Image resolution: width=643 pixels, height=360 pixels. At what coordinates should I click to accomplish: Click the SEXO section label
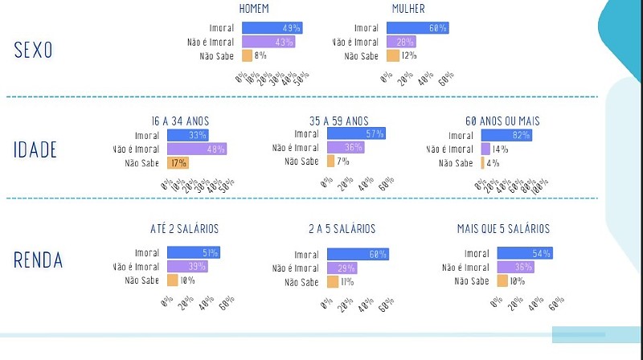pos(33,50)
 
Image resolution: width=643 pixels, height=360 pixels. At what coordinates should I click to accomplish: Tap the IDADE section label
pos(35,149)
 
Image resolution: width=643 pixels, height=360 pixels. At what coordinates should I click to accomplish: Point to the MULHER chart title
pos(408,9)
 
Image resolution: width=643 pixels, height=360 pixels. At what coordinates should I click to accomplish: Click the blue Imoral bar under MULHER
pos(417,28)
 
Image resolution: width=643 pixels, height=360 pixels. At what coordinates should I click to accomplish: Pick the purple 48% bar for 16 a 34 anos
pos(197,149)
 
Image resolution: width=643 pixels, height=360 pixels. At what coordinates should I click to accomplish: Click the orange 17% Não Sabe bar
pos(177,162)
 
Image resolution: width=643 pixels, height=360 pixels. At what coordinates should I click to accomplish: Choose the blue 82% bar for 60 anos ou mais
pos(506,135)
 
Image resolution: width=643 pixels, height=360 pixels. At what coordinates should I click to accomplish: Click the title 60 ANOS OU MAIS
pos(502,121)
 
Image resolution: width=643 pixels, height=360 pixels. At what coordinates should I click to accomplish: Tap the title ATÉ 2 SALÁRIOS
pos(184,229)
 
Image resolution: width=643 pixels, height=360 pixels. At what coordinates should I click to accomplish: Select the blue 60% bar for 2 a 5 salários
pos(358,254)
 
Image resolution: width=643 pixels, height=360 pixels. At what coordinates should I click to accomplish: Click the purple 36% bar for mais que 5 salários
pos(515,267)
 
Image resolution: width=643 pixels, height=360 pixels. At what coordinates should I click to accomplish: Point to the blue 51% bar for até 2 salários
pos(193,253)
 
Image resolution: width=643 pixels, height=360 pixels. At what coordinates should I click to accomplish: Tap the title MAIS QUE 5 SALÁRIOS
pos(503,229)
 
